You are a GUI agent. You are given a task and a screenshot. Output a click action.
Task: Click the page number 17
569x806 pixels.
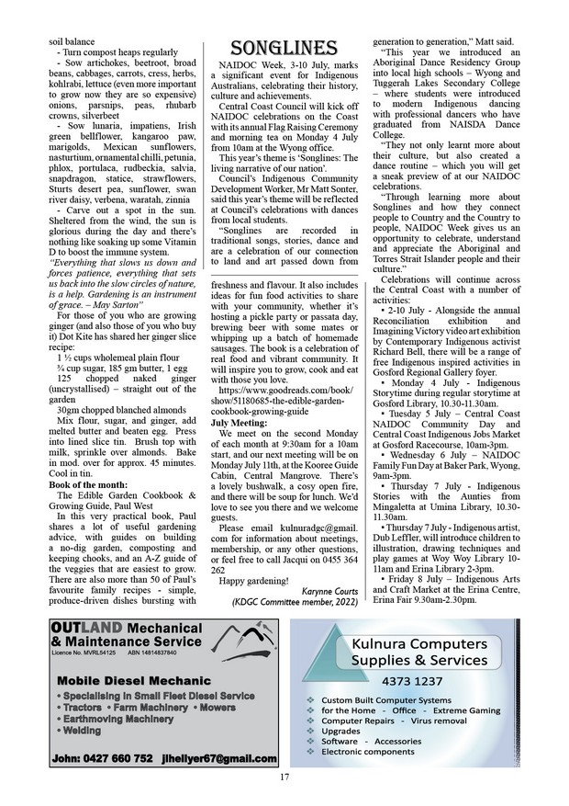pyautogui.click(x=284, y=778)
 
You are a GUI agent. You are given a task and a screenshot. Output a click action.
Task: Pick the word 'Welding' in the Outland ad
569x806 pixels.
pyautogui.click(x=80, y=731)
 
